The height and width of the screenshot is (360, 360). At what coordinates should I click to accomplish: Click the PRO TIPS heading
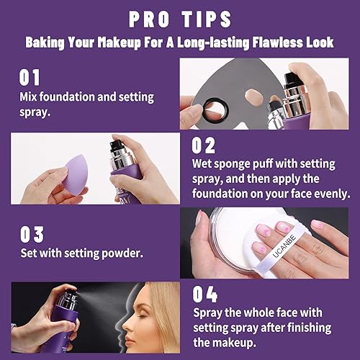tap(179, 18)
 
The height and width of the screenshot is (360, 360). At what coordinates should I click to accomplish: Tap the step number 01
tap(30, 77)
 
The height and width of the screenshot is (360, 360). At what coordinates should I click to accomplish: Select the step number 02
tap(204, 145)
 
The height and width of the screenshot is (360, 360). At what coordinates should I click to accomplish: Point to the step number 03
tap(31, 234)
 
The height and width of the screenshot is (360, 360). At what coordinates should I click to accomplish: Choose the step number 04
tap(204, 293)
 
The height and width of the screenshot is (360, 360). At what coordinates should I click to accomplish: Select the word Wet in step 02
tap(204, 166)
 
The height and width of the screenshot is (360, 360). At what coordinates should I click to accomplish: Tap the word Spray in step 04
tap(210, 314)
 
